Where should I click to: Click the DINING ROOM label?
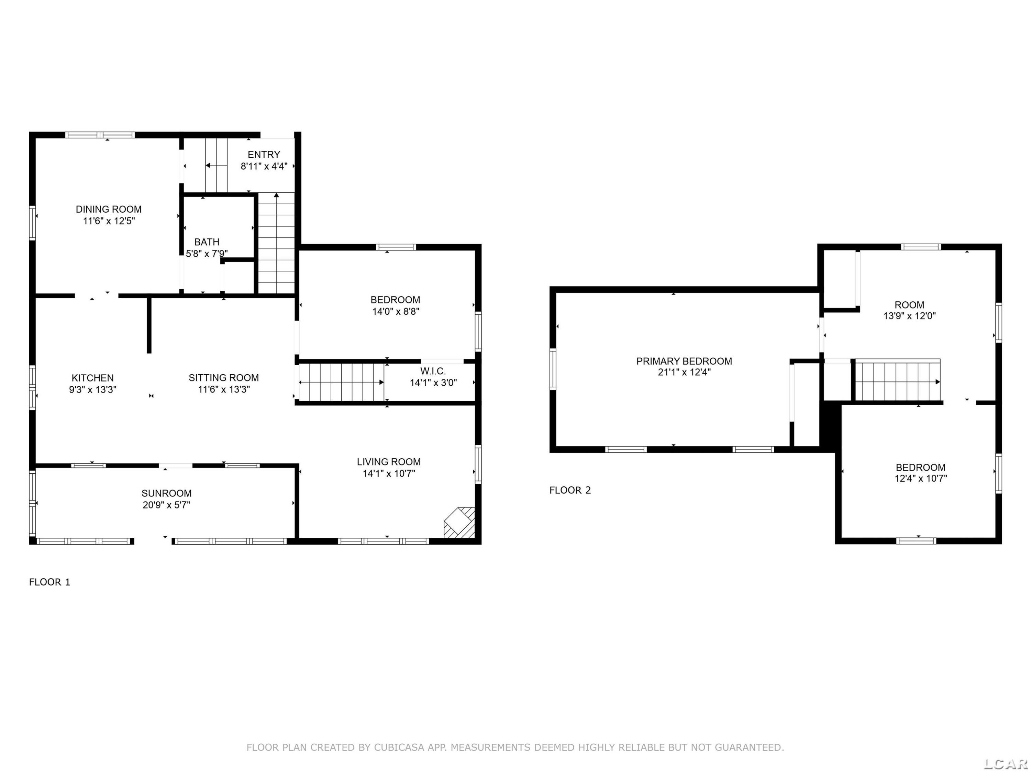click(x=109, y=209)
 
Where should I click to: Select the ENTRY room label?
click(x=264, y=154)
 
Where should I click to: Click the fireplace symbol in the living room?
click(x=459, y=523)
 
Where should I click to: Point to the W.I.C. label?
click(x=433, y=372)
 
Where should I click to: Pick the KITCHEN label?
click(x=93, y=378)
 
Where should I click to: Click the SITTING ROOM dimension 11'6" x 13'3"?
click(x=224, y=389)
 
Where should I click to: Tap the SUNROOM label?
click(x=166, y=493)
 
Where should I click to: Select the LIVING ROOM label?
click(x=389, y=462)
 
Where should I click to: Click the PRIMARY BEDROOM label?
click(x=684, y=361)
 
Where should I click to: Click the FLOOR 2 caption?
click(x=570, y=490)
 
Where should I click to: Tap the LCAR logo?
click(x=1005, y=764)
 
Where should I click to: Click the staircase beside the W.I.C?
click(x=342, y=383)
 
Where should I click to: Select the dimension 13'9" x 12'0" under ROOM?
click(x=909, y=316)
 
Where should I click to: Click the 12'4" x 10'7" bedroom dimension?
click(x=921, y=478)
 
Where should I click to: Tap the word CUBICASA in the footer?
click(x=399, y=748)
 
